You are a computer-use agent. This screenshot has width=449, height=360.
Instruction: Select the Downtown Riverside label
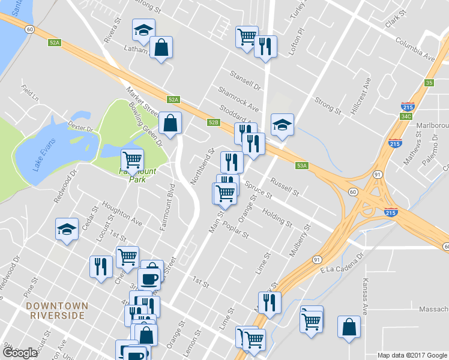pyautogui.click(x=57, y=310)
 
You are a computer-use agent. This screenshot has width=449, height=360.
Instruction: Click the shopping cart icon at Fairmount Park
pyautogui.click(x=132, y=160)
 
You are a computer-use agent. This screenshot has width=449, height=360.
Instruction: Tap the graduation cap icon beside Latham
pyautogui.click(x=143, y=30)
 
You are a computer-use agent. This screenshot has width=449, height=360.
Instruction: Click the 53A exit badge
pyautogui.click(x=301, y=166)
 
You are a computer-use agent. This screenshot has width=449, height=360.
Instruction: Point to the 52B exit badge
pyautogui.click(x=213, y=122)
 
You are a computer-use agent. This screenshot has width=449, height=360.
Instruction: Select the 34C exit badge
pyautogui.click(x=406, y=116)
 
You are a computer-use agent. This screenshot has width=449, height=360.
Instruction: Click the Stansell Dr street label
pyautogui.click(x=246, y=80)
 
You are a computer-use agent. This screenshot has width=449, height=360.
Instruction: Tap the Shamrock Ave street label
pyautogui.click(x=238, y=98)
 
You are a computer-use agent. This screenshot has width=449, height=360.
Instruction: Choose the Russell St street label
pyautogui.click(x=285, y=187)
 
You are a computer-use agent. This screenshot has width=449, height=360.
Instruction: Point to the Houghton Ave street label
pyautogui.click(x=122, y=213)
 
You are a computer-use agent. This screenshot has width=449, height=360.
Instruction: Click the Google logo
pyautogui.click(x=20, y=353)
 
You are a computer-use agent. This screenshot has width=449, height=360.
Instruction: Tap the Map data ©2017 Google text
pyautogui.click(x=412, y=355)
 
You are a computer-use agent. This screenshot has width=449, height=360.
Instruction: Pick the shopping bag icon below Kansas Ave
pyautogui.click(x=349, y=328)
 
